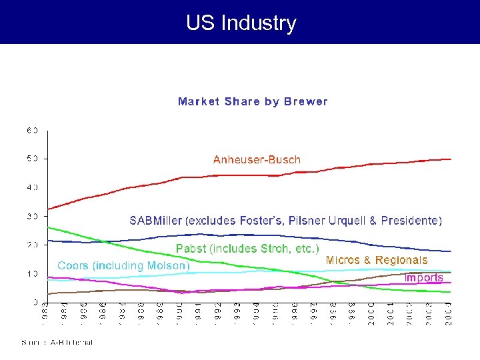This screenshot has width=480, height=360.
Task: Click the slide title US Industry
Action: pos(241,23)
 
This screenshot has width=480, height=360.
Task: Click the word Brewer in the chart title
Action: pos(306,102)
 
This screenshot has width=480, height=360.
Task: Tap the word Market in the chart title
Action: pos(199,102)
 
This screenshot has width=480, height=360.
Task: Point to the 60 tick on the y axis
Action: pos(33,130)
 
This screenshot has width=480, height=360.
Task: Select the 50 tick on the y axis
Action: pos(33,159)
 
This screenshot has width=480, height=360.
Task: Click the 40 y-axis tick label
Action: pos(33,187)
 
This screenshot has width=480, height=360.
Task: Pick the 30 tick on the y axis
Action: pos(33,216)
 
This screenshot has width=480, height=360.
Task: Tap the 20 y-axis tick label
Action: pos(33,245)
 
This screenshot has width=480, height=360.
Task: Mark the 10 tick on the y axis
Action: pos(33,273)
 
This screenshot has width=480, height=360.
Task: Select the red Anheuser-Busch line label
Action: pos(257,159)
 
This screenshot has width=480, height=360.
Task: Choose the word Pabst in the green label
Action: pos(191,249)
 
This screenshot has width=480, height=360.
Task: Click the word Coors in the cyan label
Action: pos(73,265)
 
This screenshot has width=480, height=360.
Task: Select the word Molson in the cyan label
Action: pos(168,265)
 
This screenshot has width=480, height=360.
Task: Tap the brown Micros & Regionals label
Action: pos(377,260)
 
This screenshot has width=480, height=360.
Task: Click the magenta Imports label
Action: pos(424,277)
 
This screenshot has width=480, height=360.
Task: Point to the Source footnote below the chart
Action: pos(57,343)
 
